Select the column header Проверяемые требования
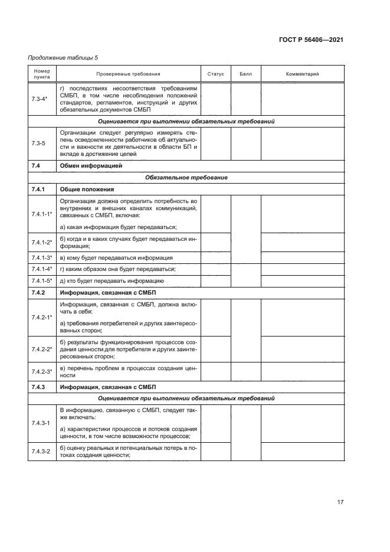(128, 74)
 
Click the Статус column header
(216, 74)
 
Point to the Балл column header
(245, 74)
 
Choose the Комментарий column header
(302, 74)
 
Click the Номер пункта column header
(42, 74)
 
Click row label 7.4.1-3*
(42, 258)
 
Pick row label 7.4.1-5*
(42, 280)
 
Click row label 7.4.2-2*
(42, 349)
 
